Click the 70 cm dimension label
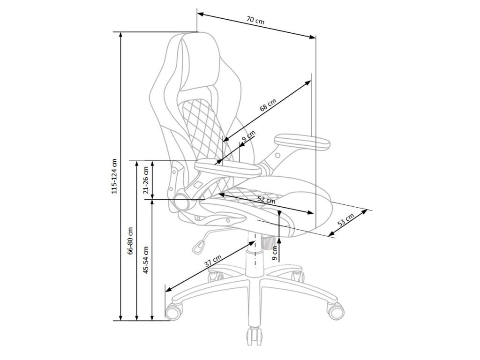255,21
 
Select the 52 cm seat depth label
267,200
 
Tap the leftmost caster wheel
174,311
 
